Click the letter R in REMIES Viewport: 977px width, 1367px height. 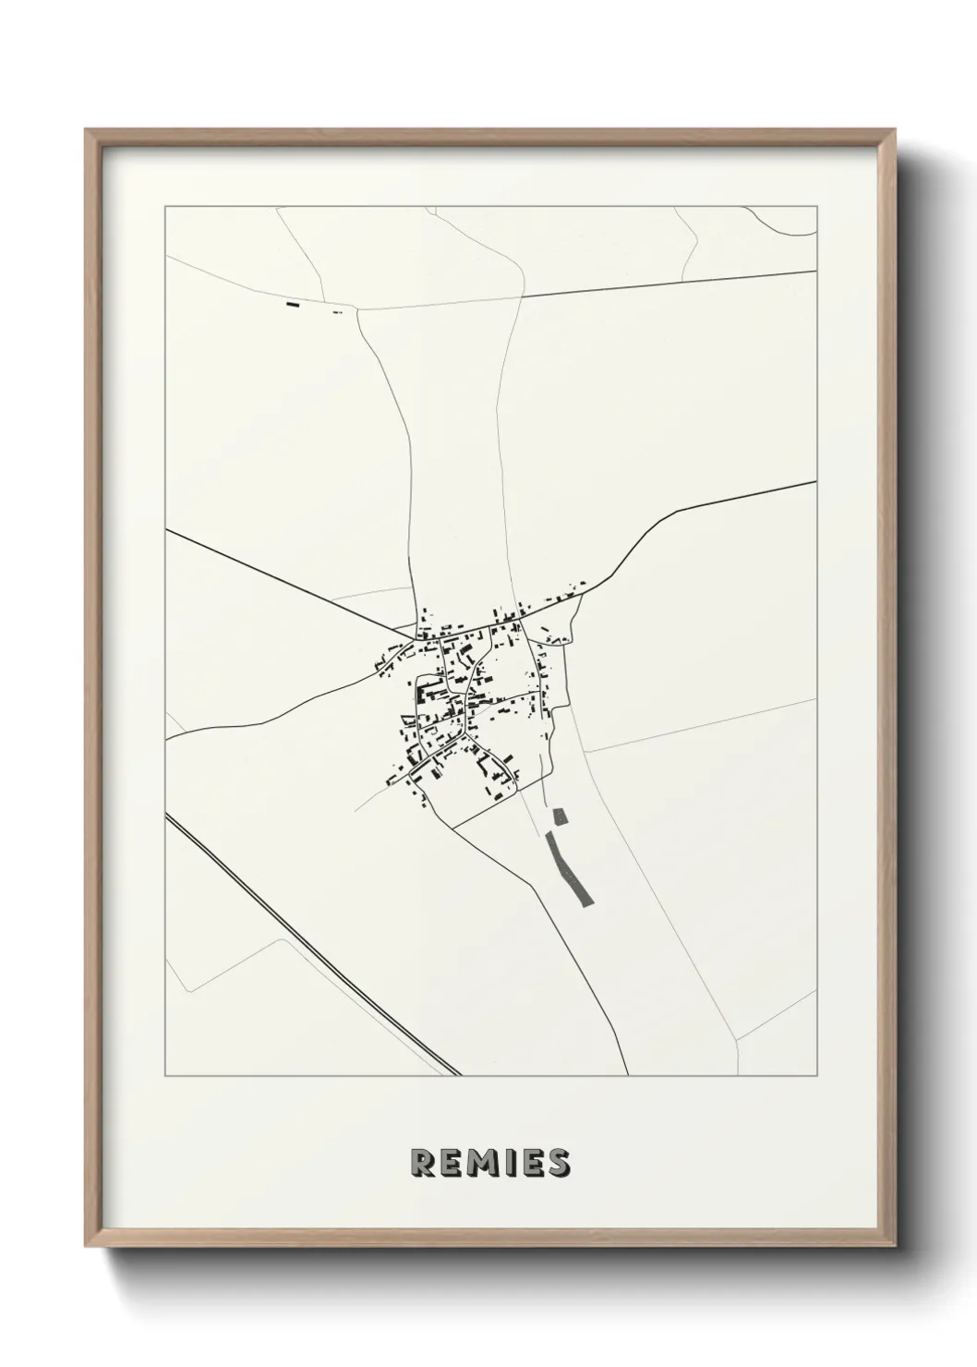(x=424, y=1164)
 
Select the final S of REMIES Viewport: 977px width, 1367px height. (x=557, y=1164)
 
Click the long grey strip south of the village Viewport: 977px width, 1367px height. (x=571, y=869)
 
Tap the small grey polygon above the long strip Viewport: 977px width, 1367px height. (x=558, y=817)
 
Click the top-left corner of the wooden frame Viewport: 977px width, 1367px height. (x=88, y=131)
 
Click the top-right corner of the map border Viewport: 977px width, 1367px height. (x=816, y=207)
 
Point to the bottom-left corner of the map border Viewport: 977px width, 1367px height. (x=165, y=1075)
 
